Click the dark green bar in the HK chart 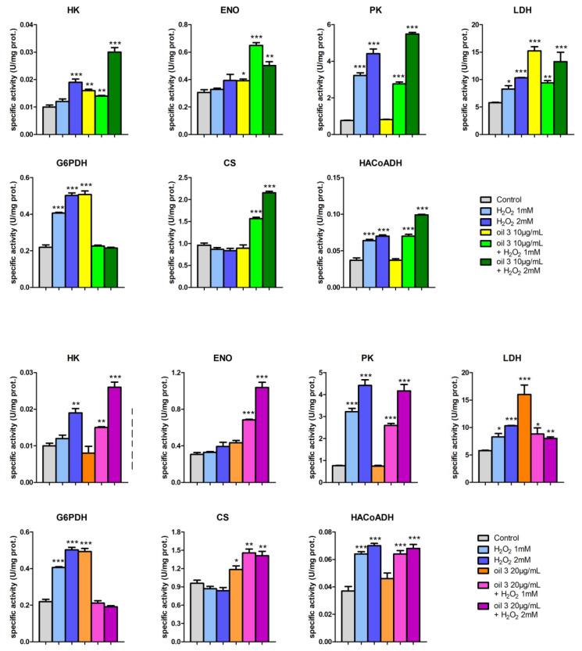[115, 93]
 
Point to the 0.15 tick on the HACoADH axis [327, 177]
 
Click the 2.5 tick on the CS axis [180, 177]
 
